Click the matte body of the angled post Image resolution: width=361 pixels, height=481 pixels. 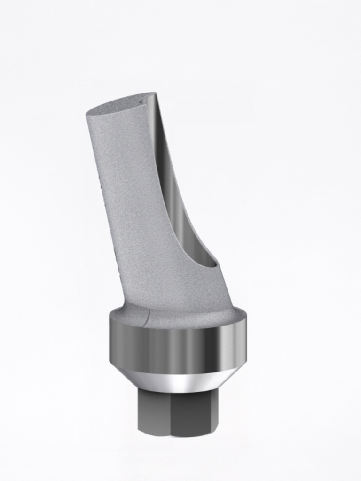coord(136,197)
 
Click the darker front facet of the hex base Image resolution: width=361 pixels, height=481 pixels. coord(193,413)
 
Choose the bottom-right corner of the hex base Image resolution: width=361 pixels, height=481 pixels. coord(217,431)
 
